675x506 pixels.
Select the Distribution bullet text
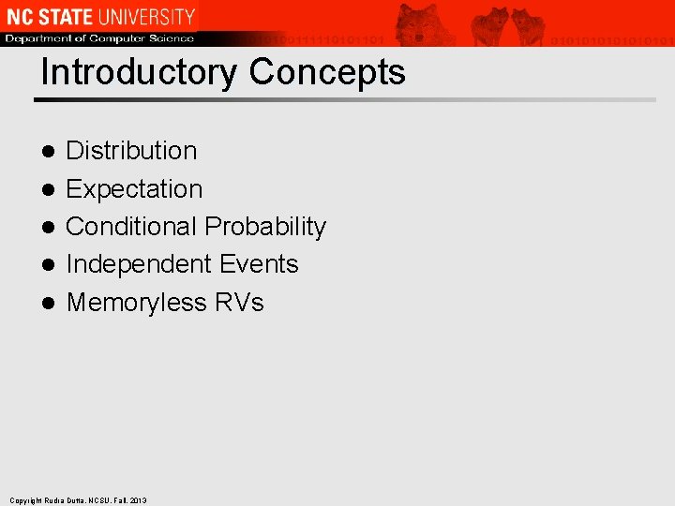pyautogui.click(x=131, y=151)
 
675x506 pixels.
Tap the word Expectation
pyautogui.click(x=134, y=189)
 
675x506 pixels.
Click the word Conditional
pyautogui.click(x=131, y=227)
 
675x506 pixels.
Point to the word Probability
pyautogui.click(x=265, y=227)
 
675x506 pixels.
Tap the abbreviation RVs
pyautogui.click(x=239, y=303)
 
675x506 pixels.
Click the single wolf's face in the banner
pyautogui.click(x=419, y=22)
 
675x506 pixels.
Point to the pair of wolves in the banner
pyautogui.click(x=508, y=24)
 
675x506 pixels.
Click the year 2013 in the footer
pyautogui.click(x=138, y=500)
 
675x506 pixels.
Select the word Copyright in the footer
pyautogui.click(x=24, y=500)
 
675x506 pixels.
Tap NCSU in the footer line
pyautogui.click(x=98, y=500)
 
